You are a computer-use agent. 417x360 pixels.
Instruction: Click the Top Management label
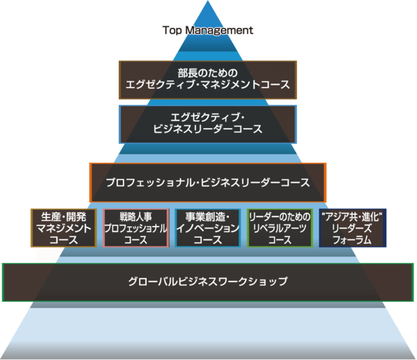point(208,31)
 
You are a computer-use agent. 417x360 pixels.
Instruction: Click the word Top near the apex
point(172,31)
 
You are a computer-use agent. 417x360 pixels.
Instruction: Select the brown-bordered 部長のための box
point(208,80)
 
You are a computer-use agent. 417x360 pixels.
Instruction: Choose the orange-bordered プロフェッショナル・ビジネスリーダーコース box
point(208,182)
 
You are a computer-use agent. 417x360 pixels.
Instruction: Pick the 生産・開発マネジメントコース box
point(63,227)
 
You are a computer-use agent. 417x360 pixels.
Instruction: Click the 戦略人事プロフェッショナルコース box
point(136,227)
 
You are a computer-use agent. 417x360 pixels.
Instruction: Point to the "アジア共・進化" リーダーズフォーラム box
point(353,227)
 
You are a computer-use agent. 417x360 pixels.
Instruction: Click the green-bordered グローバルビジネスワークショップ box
point(208,282)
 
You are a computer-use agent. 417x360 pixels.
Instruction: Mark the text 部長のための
point(208,72)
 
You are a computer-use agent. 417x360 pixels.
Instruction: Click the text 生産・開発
point(63,215)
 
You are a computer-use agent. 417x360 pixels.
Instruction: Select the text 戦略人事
point(136,215)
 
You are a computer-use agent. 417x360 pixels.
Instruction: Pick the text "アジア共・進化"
point(353,215)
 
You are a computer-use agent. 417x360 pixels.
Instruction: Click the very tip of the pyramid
point(208,2)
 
